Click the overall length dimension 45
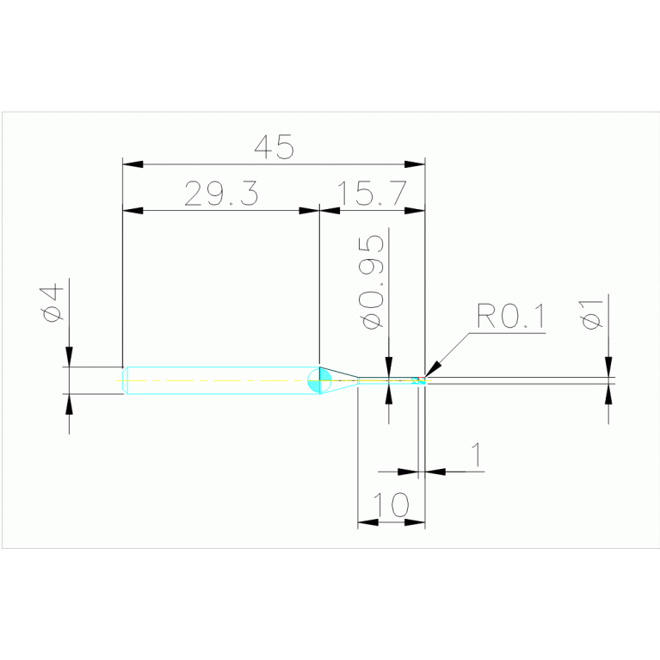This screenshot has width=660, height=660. tap(274, 146)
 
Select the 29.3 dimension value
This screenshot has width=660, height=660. tap(221, 194)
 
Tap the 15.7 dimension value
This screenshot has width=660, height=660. tap(372, 194)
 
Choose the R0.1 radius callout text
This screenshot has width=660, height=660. tap(510, 318)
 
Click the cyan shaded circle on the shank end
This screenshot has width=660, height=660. tap(319, 380)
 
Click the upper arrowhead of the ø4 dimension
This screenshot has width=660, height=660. tap(69, 356)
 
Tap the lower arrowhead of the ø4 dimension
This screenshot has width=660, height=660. tap(69, 404)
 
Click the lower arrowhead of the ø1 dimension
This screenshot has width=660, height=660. tap(608, 392)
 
